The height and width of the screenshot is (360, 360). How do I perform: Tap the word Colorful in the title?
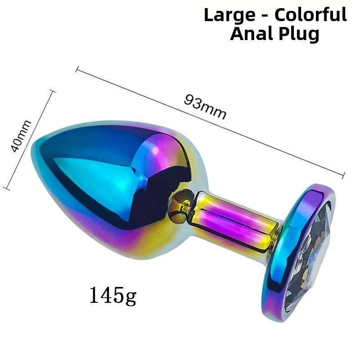click(310, 15)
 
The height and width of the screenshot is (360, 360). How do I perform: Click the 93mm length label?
click(205, 107)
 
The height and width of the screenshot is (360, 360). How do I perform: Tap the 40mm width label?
click(21, 136)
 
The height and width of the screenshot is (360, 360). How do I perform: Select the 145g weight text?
click(112, 296)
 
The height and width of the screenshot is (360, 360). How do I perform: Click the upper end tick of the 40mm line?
click(53, 91)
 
